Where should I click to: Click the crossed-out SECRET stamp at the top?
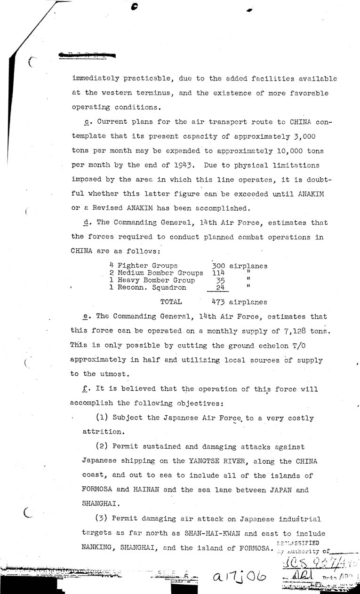pyautogui.click(x=87, y=55)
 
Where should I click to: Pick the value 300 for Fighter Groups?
pyautogui.click(x=219, y=266)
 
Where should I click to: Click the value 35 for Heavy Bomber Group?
pyautogui.click(x=219, y=280)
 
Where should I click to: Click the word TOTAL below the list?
pyautogui.click(x=171, y=302)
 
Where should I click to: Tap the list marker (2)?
pyautogui.click(x=103, y=447)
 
